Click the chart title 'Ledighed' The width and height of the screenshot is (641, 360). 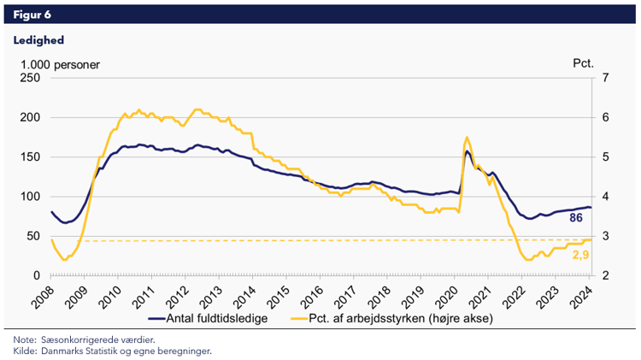point(38,39)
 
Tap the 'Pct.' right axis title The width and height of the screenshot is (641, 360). point(583,64)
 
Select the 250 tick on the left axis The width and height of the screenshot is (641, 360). point(31,78)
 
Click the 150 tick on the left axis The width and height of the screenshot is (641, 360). point(31,156)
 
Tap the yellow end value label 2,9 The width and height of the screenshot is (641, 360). point(580,254)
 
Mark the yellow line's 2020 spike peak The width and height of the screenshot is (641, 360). point(466,137)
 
